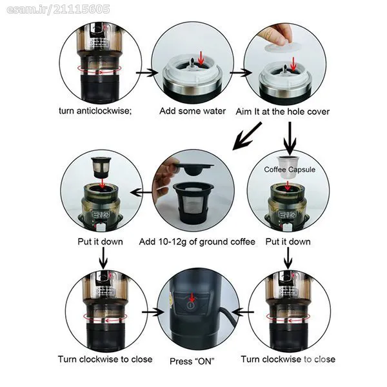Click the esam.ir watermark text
tap(58, 10)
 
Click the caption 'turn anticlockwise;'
tap(95, 110)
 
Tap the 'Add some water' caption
tap(192, 111)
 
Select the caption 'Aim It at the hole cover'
tap(283, 112)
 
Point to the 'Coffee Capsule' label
tap(290, 170)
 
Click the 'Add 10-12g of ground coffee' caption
tap(197, 242)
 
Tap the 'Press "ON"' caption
tap(192, 361)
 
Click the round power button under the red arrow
tap(191, 305)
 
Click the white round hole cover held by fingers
tap(282, 47)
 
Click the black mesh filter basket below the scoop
tap(193, 203)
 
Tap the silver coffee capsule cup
tap(289, 166)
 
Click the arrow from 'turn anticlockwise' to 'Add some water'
tap(147, 72)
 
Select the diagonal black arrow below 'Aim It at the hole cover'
tap(247, 136)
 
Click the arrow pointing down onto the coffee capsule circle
tap(290, 138)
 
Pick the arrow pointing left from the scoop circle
tap(141, 192)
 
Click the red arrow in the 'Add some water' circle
tap(201, 58)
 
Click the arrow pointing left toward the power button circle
tap(243, 312)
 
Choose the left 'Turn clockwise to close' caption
tap(105, 359)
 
